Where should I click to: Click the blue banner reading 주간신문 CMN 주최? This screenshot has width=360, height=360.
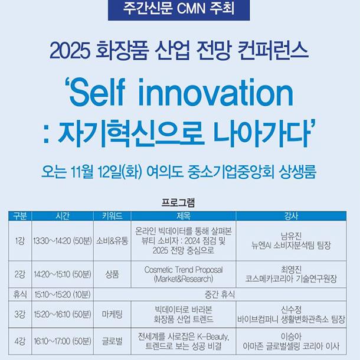coord(179,9)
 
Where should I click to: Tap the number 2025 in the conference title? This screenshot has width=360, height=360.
coord(69,51)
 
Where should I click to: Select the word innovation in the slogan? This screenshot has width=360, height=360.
coord(216,93)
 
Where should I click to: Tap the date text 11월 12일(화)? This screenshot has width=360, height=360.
coord(106,171)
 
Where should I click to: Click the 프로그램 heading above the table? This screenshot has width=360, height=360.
coord(178,202)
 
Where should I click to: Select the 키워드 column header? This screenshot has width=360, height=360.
coord(112,216)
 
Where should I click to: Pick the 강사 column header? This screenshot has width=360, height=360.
coord(291,216)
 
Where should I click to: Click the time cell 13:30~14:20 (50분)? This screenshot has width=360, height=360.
coord(63,241)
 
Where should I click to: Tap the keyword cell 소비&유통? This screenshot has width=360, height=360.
coord(112,241)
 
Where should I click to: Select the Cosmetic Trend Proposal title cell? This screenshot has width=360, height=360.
coord(184,274)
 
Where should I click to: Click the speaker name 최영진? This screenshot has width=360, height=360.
coord(291,269)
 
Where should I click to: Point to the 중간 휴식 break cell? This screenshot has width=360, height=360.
coord(220,294)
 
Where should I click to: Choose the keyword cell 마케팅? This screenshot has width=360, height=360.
coord(112,315)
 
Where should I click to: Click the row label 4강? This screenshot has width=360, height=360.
coord(19,341)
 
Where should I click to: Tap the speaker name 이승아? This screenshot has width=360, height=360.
coord(291,336)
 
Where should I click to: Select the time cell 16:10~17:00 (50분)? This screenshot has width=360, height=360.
coord(63,341)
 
